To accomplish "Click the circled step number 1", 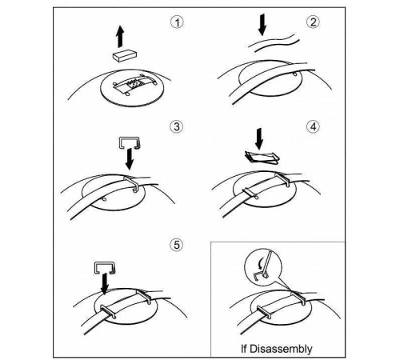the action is pos(177,22).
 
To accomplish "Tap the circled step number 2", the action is pos(313,22).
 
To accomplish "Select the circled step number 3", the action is pos(177,126).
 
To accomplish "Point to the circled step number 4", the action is pos(313,126).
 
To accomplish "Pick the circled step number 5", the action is pos(177,245).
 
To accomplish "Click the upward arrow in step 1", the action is pos(120,37).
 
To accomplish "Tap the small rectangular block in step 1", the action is pos(125,55).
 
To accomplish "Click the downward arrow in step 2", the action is pos(262,25).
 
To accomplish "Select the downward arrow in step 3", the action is pos(130,159).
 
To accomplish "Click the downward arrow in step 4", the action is pos(258,139).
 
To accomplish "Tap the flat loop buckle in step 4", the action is pos(262,157).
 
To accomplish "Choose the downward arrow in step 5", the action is pos(105,284).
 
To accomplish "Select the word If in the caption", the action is pos(244,348).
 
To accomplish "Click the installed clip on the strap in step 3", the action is pos(130,182).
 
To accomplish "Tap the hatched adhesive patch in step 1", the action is pos(134,83).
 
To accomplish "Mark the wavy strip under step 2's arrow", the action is pos(274,42).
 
